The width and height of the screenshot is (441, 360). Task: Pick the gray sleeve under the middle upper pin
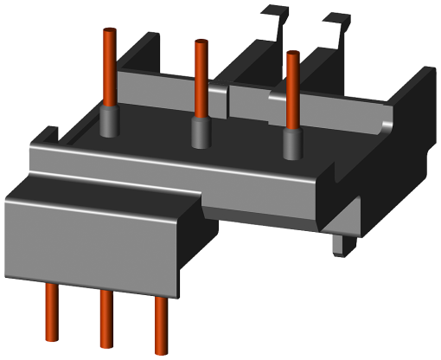coord(201,134)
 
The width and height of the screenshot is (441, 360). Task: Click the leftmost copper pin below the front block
coord(52,315)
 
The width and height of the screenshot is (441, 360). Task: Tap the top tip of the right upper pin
coord(293,54)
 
